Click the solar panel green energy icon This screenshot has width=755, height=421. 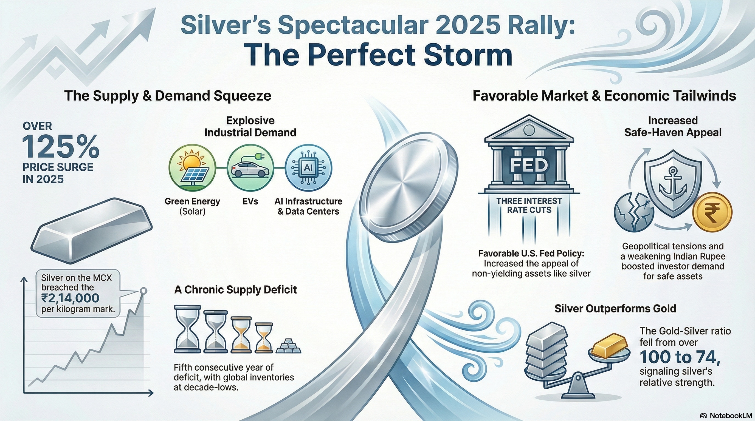[x=192, y=167]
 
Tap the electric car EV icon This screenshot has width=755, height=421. [x=250, y=168]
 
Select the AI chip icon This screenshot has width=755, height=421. [x=308, y=168]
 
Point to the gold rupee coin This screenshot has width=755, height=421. [x=712, y=212]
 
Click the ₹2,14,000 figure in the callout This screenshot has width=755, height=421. [x=70, y=298]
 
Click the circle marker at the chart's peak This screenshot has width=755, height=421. [x=143, y=291]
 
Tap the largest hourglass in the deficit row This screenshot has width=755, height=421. [x=188, y=329]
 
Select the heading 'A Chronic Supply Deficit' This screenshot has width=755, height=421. [x=235, y=290]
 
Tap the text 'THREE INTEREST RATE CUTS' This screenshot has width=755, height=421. [x=529, y=206]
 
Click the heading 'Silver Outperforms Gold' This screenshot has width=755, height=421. [x=615, y=309]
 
